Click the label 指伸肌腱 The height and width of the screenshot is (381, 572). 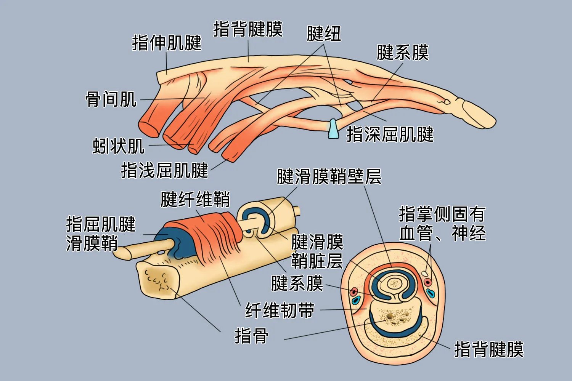pos(167,43)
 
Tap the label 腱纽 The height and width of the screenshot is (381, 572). pos(324,34)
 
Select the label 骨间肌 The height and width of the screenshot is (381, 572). pos(111,99)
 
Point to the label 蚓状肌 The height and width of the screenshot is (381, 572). pos(119,146)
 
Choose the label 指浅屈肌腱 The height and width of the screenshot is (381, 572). pos(164,170)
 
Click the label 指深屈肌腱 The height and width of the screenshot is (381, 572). pos(390,134)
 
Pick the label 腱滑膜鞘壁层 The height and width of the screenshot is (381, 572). pos(329,176)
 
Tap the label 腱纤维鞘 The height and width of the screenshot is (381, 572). pos(195,199)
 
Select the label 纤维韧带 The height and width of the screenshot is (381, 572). pos(280,310)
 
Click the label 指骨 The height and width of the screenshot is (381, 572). pos(251,336)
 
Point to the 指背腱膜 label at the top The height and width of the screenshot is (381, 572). pos(248,29)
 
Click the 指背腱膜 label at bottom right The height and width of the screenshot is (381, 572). pos(489,349)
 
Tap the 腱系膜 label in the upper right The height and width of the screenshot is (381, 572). pos(403,53)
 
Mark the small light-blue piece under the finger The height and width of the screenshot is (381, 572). pos(333,129)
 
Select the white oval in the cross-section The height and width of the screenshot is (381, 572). pos(425,273)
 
